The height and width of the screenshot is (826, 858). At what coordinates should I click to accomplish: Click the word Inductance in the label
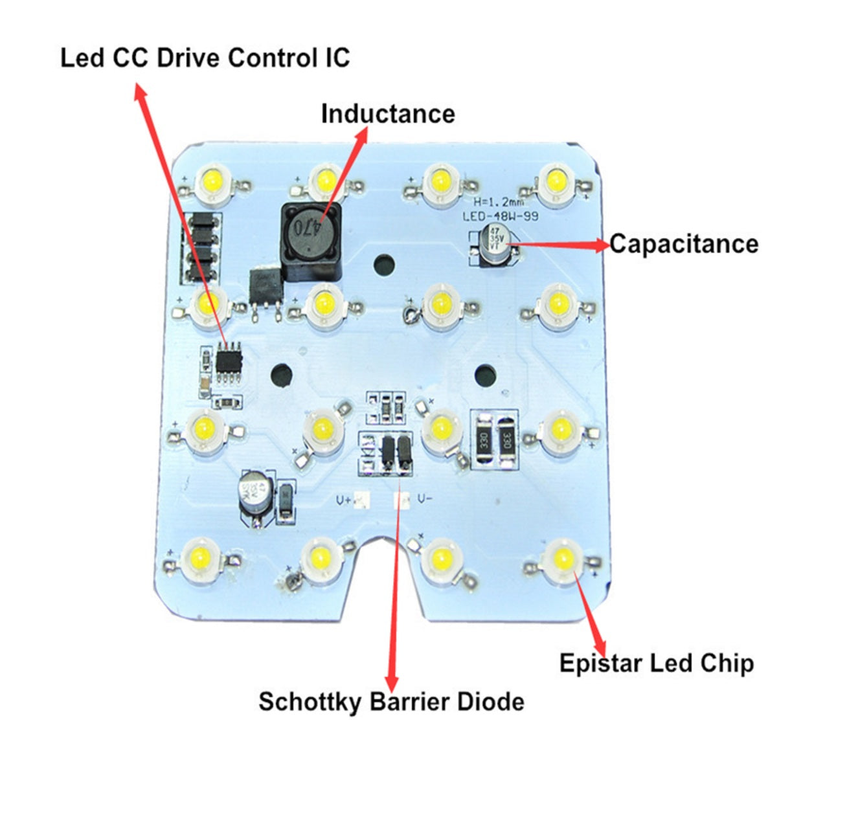(388, 114)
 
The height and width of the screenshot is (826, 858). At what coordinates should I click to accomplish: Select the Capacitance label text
(684, 244)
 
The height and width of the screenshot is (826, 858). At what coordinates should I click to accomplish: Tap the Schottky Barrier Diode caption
(391, 702)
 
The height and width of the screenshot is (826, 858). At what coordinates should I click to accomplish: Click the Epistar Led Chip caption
(657, 664)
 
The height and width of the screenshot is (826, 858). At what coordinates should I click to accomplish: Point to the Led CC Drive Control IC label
(205, 58)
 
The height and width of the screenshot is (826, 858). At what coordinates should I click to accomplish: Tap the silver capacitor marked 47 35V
(495, 244)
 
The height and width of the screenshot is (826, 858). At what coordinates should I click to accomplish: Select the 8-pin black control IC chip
(229, 358)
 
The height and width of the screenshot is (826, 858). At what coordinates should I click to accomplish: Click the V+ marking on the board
(344, 500)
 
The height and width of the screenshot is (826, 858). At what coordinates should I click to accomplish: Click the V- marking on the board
(425, 498)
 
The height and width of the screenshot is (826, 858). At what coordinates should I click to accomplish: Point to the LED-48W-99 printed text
(500, 216)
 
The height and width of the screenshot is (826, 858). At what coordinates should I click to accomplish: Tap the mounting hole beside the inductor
(385, 263)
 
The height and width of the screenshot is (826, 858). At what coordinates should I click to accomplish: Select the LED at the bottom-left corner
(198, 556)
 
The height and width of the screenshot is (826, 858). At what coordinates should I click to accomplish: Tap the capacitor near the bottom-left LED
(253, 497)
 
